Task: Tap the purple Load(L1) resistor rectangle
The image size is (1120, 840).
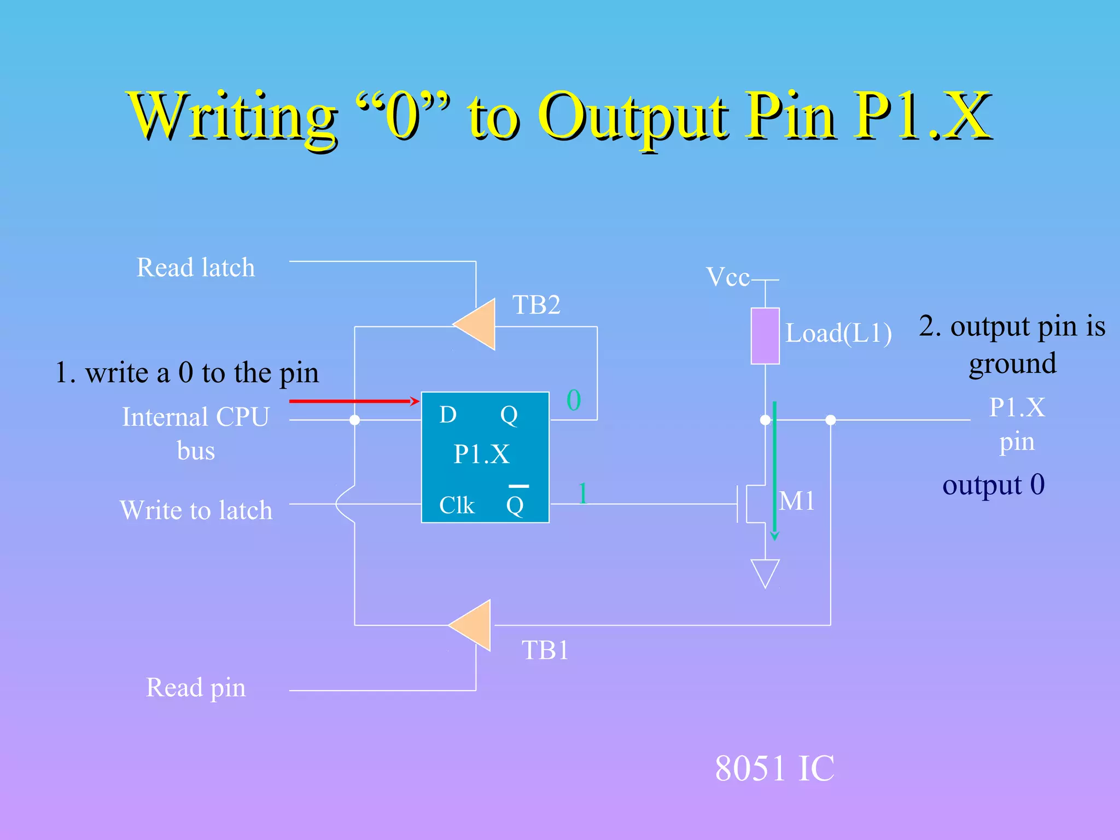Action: (765, 336)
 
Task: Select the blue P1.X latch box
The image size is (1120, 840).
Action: (485, 457)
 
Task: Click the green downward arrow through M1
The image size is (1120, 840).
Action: (774, 470)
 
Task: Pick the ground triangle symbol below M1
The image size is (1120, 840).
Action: (765, 572)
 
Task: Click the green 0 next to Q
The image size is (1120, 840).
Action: (573, 400)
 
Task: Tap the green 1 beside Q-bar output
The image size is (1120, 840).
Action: (583, 493)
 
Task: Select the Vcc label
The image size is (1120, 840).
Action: (727, 277)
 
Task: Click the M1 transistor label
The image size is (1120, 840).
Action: (797, 501)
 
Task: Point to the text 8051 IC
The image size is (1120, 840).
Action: (774, 768)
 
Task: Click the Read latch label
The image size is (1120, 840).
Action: (196, 268)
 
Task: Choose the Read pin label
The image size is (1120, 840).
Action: (196, 687)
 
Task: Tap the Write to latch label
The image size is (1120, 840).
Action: (196, 510)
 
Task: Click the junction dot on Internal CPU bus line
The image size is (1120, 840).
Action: (354, 420)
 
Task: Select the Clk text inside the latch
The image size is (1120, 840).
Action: (457, 505)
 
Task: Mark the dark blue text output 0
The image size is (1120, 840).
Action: (993, 485)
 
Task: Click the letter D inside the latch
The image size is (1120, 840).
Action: (448, 415)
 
